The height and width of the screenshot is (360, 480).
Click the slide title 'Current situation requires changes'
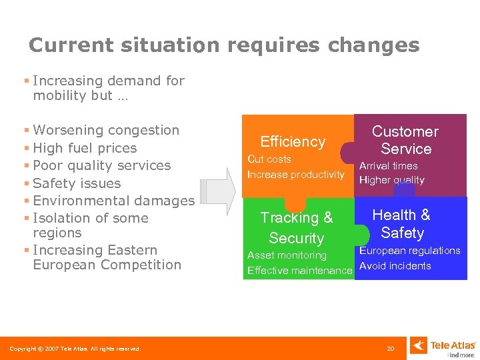(224, 45)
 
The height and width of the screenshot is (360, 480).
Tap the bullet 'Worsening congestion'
(106, 130)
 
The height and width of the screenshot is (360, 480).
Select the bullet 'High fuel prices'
(85, 148)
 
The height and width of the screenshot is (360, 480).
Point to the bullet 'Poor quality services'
(101, 165)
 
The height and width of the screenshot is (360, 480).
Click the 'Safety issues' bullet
(77, 183)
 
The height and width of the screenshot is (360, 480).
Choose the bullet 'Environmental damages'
(113, 201)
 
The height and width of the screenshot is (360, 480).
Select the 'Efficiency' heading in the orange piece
(293, 141)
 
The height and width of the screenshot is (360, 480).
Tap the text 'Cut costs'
(269, 159)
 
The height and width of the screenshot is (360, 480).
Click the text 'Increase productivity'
(295, 175)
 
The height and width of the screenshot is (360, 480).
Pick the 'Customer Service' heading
(405, 140)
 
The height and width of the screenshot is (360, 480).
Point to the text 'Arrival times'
(389, 166)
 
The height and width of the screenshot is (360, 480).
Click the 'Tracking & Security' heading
(296, 227)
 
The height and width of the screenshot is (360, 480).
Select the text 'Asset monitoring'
(287, 255)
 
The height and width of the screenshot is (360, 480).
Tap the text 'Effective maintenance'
(299, 271)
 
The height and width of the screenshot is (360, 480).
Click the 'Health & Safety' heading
(401, 223)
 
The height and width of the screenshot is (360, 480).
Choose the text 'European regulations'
(410, 251)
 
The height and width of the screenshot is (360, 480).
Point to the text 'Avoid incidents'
(395, 266)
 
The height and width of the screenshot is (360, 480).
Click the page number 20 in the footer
(391, 349)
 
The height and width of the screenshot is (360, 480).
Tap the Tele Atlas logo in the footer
(443, 346)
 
